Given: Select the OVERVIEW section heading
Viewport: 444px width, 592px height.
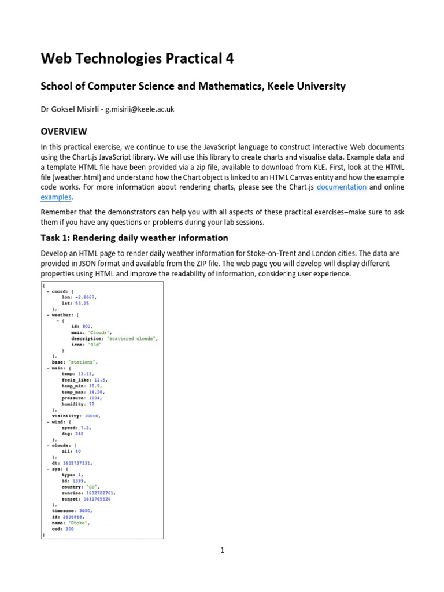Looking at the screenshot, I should tap(64, 131).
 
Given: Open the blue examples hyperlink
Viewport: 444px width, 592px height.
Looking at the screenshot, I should tap(56, 197).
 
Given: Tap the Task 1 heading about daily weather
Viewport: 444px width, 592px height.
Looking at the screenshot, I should tap(134, 238).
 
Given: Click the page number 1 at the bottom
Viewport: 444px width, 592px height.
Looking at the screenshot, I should tap(222, 550).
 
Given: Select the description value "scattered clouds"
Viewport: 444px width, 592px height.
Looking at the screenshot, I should tap(131, 338).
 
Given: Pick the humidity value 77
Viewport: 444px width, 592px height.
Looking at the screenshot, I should tap(91, 404).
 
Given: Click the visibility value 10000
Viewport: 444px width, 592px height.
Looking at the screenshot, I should tap(92, 416).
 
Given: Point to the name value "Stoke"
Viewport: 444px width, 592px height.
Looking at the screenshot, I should tap(79, 523).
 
